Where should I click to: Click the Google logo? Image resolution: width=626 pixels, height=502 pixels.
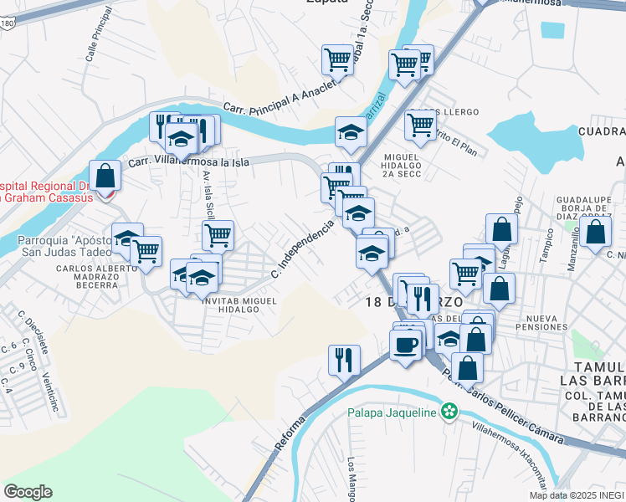click(28, 492)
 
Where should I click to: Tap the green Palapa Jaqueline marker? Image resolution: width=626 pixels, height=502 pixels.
click(450, 411)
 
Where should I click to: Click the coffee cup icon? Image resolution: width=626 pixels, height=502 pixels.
click(406, 346)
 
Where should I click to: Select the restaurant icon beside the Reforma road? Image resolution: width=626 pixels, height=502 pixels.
click(344, 361)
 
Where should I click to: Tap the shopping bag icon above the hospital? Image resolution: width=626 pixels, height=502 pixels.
click(105, 176)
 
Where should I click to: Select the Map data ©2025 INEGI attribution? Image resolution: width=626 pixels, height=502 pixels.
click(577, 495)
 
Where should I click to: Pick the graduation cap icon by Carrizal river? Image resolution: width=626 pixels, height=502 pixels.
click(351, 132)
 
